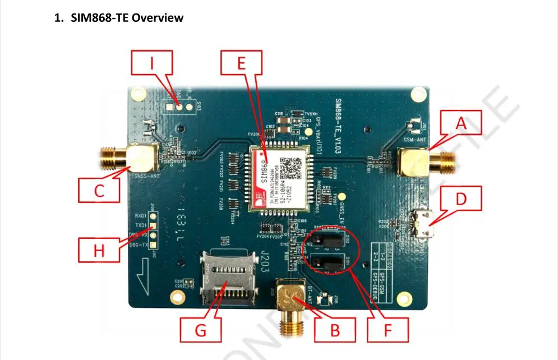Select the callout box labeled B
335,330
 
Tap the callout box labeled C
99,191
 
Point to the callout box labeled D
460,199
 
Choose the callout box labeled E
241,63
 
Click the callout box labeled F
388,330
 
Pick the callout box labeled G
200,330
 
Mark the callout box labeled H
99,250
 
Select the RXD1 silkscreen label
141,215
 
